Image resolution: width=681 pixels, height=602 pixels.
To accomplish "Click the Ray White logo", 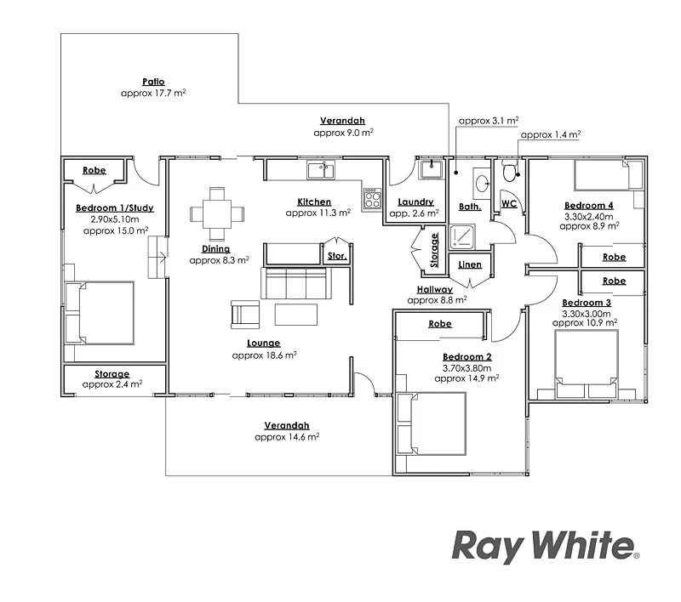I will pos(545,545).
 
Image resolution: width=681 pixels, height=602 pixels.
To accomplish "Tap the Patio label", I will pos(153,82).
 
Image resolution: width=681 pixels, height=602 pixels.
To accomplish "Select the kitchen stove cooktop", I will pos(372,200).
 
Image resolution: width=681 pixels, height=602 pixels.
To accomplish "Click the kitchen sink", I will pos(321,170).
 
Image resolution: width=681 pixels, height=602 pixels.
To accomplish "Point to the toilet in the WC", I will pos(511,173).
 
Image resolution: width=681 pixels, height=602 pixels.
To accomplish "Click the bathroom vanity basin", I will pos(482,181).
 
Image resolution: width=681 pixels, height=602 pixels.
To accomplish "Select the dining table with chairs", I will pos(217,213).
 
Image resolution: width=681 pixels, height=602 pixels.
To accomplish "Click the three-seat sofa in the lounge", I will pos(294,283).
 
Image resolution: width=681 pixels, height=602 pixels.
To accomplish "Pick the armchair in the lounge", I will pos(245,315).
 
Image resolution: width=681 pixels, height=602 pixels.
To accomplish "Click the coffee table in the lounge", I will pos(295,315).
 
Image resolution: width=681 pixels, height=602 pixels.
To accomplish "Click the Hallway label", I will pos(435,289).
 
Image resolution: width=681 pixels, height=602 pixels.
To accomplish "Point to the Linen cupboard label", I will pos(470,264).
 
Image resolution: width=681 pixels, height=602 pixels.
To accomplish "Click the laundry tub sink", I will pos(432,169).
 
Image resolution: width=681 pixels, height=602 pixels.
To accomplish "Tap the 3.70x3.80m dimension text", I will pos(466,368).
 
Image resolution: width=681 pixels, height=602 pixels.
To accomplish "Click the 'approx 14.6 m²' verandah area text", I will pos(286,437).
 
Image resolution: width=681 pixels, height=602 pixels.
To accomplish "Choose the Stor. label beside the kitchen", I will pos(336,255).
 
